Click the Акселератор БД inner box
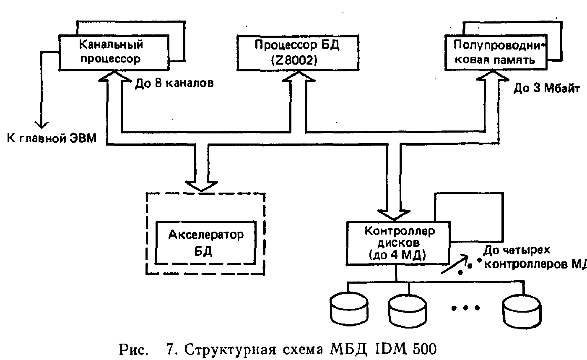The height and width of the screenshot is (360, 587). coord(205,242)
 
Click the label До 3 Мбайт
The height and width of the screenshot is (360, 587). coord(546,89)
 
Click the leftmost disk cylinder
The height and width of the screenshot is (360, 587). coord(349,310)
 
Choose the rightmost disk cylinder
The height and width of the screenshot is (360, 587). coord(523,310)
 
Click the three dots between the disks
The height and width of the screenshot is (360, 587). coord(465,308)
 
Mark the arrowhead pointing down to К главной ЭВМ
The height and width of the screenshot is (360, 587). coord(41,123)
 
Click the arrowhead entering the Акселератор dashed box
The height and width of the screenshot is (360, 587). coord(202,186)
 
